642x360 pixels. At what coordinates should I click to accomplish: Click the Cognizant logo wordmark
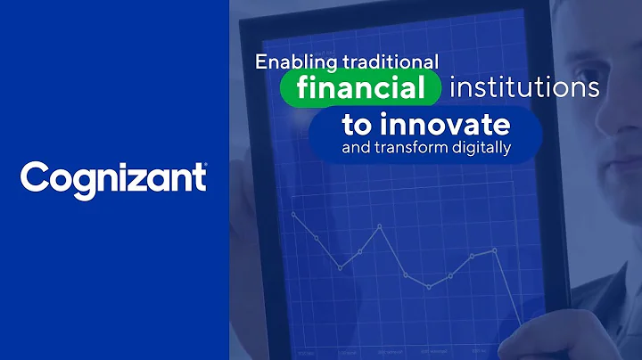(x=113, y=177)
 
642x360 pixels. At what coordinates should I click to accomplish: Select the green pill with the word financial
(x=361, y=88)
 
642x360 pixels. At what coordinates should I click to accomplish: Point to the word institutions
(x=524, y=88)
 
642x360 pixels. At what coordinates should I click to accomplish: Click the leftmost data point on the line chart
(x=293, y=215)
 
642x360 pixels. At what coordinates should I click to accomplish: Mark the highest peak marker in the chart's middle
(x=381, y=226)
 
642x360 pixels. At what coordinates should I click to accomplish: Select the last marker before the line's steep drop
(x=495, y=250)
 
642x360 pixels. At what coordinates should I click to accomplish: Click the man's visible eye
(x=600, y=116)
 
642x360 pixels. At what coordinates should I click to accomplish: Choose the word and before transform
(x=354, y=149)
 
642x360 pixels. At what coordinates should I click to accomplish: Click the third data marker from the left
(x=340, y=268)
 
